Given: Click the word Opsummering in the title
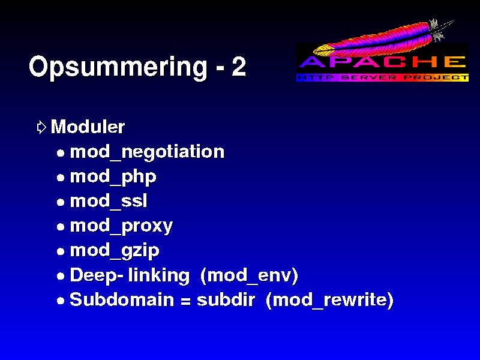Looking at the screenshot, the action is pos(118,67).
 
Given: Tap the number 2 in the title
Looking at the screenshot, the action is pos(239,66).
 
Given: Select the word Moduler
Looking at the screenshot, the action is pos(88,127).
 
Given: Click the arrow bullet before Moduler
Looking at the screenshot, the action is pos(41,127).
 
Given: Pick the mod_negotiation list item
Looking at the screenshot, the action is pos(147,152).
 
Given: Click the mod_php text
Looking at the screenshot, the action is pos(113,177).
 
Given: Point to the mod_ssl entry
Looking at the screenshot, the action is pos(109,201).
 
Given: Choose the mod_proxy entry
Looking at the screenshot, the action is pos(122,227).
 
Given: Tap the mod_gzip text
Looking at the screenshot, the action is pos(115,251).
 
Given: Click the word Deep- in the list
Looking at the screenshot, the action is pos(97,275).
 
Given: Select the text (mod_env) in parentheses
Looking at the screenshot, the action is pos(249,275).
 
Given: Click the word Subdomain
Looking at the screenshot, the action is pos(122,299).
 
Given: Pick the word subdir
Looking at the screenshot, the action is pos(226,299).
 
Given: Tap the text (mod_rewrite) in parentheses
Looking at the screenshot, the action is pos(329,300).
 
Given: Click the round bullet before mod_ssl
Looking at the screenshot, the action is pos(61,202).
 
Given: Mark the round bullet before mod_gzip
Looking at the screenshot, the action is pos(61,251).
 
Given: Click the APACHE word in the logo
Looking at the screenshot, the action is pos(382,62).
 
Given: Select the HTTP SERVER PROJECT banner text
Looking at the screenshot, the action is pos(382,77).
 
